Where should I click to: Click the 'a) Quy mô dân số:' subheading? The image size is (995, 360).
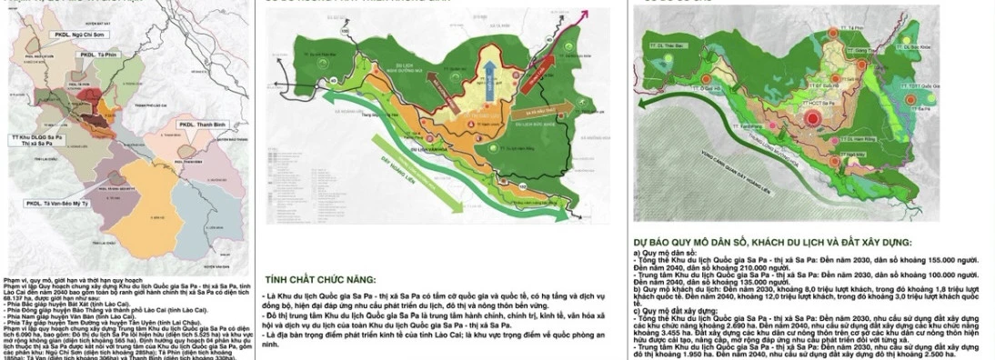(x=663, y=253)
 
